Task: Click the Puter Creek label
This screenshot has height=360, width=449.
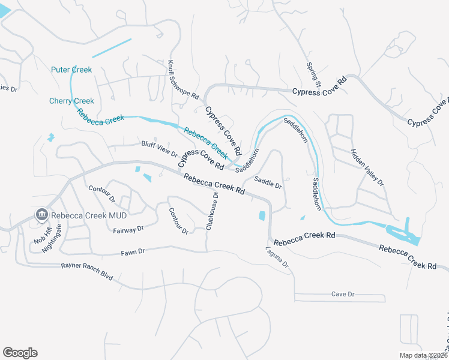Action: click(x=71, y=70)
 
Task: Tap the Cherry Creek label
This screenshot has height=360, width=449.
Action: click(x=71, y=101)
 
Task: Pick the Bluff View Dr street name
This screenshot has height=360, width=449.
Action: click(x=160, y=149)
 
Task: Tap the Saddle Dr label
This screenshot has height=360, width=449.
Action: click(x=268, y=182)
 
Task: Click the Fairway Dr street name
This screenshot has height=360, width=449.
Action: click(x=128, y=229)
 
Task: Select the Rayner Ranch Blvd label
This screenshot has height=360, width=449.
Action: click(x=88, y=267)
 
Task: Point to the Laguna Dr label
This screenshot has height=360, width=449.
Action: click(x=277, y=257)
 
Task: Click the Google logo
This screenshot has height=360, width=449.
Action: click(x=20, y=352)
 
